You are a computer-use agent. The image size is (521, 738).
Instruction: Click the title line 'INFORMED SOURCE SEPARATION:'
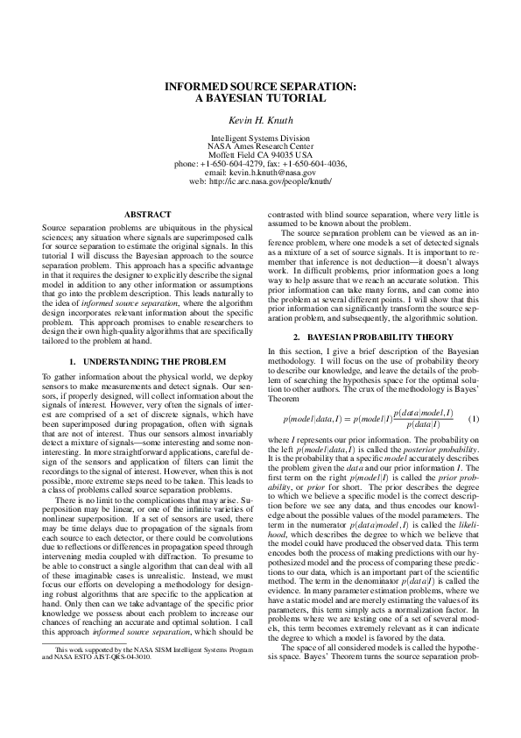tap(261, 88)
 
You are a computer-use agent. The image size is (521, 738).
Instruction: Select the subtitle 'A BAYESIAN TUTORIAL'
tap(261, 99)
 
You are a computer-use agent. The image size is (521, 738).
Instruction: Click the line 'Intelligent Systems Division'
tap(261, 138)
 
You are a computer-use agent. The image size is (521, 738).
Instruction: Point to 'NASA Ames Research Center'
tap(261, 146)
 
